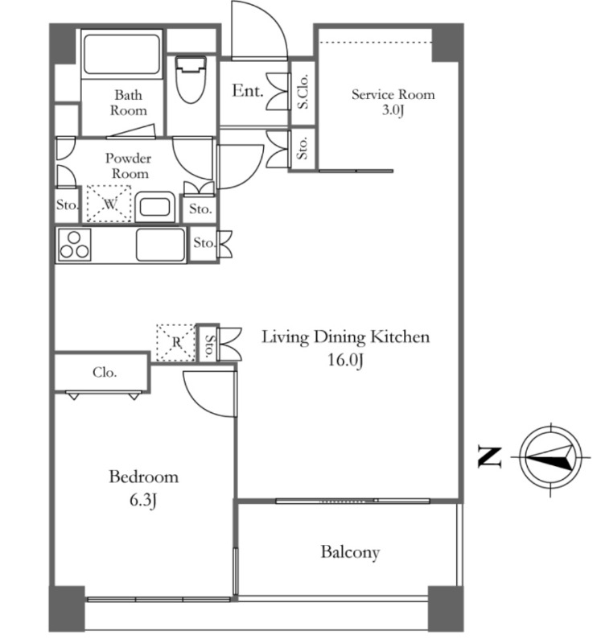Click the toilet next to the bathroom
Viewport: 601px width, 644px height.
click(191, 79)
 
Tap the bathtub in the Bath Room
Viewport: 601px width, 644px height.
click(122, 54)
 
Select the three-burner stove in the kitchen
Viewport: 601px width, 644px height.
click(74, 246)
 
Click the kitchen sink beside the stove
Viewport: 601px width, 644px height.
click(160, 245)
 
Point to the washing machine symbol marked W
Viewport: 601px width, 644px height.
click(109, 204)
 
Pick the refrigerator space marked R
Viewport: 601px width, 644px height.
click(176, 343)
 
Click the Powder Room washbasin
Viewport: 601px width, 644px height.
click(154, 207)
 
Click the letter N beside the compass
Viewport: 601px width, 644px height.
click(490, 457)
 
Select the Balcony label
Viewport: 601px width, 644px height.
click(350, 552)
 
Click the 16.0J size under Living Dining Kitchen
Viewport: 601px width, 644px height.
click(346, 360)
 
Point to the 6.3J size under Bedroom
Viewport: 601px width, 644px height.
click(143, 500)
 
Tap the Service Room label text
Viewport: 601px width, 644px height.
click(393, 94)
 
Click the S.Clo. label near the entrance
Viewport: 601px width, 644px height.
click(303, 92)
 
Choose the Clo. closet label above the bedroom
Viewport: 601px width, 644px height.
click(105, 373)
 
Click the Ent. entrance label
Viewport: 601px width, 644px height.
click(248, 91)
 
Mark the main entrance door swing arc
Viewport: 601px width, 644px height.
click(276, 18)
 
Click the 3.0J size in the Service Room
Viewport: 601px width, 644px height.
click(393, 110)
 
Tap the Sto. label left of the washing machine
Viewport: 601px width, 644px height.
click(67, 204)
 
